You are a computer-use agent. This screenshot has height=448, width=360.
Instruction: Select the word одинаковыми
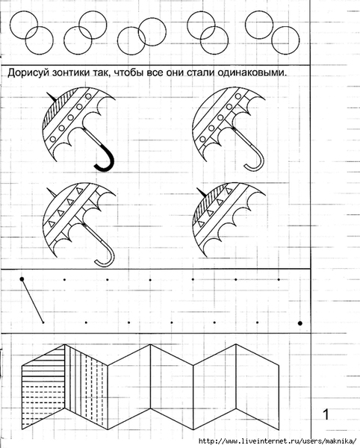[252, 73]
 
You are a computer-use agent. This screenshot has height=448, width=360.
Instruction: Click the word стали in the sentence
[201, 73]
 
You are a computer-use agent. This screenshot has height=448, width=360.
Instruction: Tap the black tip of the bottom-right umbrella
[202, 193]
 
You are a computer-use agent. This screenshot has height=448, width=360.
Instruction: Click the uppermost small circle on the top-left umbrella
[89, 96]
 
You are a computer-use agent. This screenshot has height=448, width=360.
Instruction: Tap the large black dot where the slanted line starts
[22, 279]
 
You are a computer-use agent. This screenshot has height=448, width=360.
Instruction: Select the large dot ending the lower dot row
[300, 323]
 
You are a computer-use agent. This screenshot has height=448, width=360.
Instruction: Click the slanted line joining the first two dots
[33, 301]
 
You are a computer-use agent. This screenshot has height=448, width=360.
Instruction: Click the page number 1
[326, 414]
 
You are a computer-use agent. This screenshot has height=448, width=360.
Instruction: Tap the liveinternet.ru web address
[278, 441]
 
